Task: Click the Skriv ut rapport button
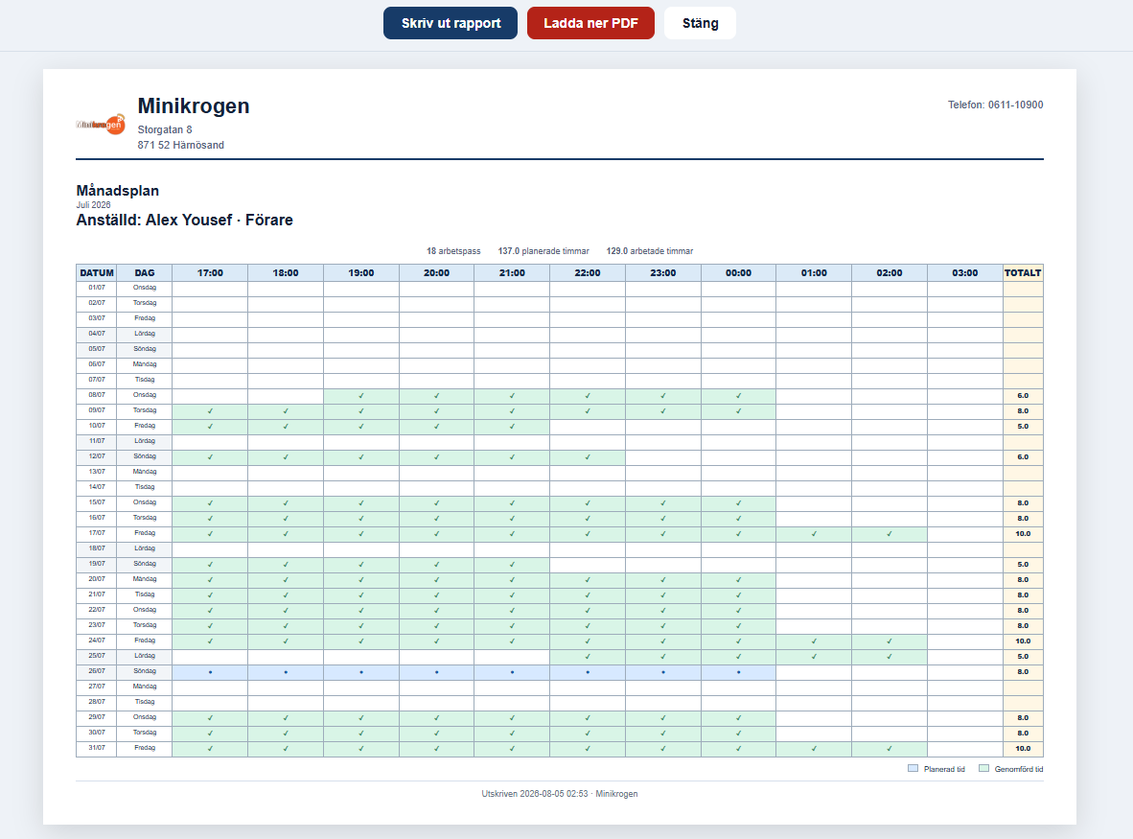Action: pyautogui.click(x=451, y=23)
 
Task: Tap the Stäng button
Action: pyautogui.click(x=700, y=23)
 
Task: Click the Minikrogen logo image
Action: pyautogui.click(x=101, y=125)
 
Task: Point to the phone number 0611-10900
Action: pyautogui.click(x=1015, y=105)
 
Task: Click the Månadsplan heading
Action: pyautogui.click(x=118, y=191)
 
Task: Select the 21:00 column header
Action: pyautogui.click(x=512, y=272)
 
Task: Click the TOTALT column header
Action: pyautogui.click(x=1023, y=272)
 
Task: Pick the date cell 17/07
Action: pyautogui.click(x=97, y=533)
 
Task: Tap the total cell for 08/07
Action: pyautogui.click(x=1023, y=396)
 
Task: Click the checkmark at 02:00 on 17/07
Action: pyautogui.click(x=890, y=534)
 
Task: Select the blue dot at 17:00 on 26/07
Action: pyautogui.click(x=210, y=672)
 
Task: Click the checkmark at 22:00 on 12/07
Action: pyautogui.click(x=588, y=457)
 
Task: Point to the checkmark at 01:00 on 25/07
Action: pyautogui.click(x=814, y=657)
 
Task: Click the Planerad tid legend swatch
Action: pyautogui.click(x=913, y=768)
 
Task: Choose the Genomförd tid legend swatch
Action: pyautogui.click(x=983, y=768)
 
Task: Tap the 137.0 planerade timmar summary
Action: pyautogui.click(x=543, y=251)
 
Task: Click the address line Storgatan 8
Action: pyautogui.click(x=165, y=130)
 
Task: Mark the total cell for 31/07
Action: pyautogui.click(x=1023, y=749)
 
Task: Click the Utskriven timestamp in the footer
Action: pyautogui.click(x=559, y=794)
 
